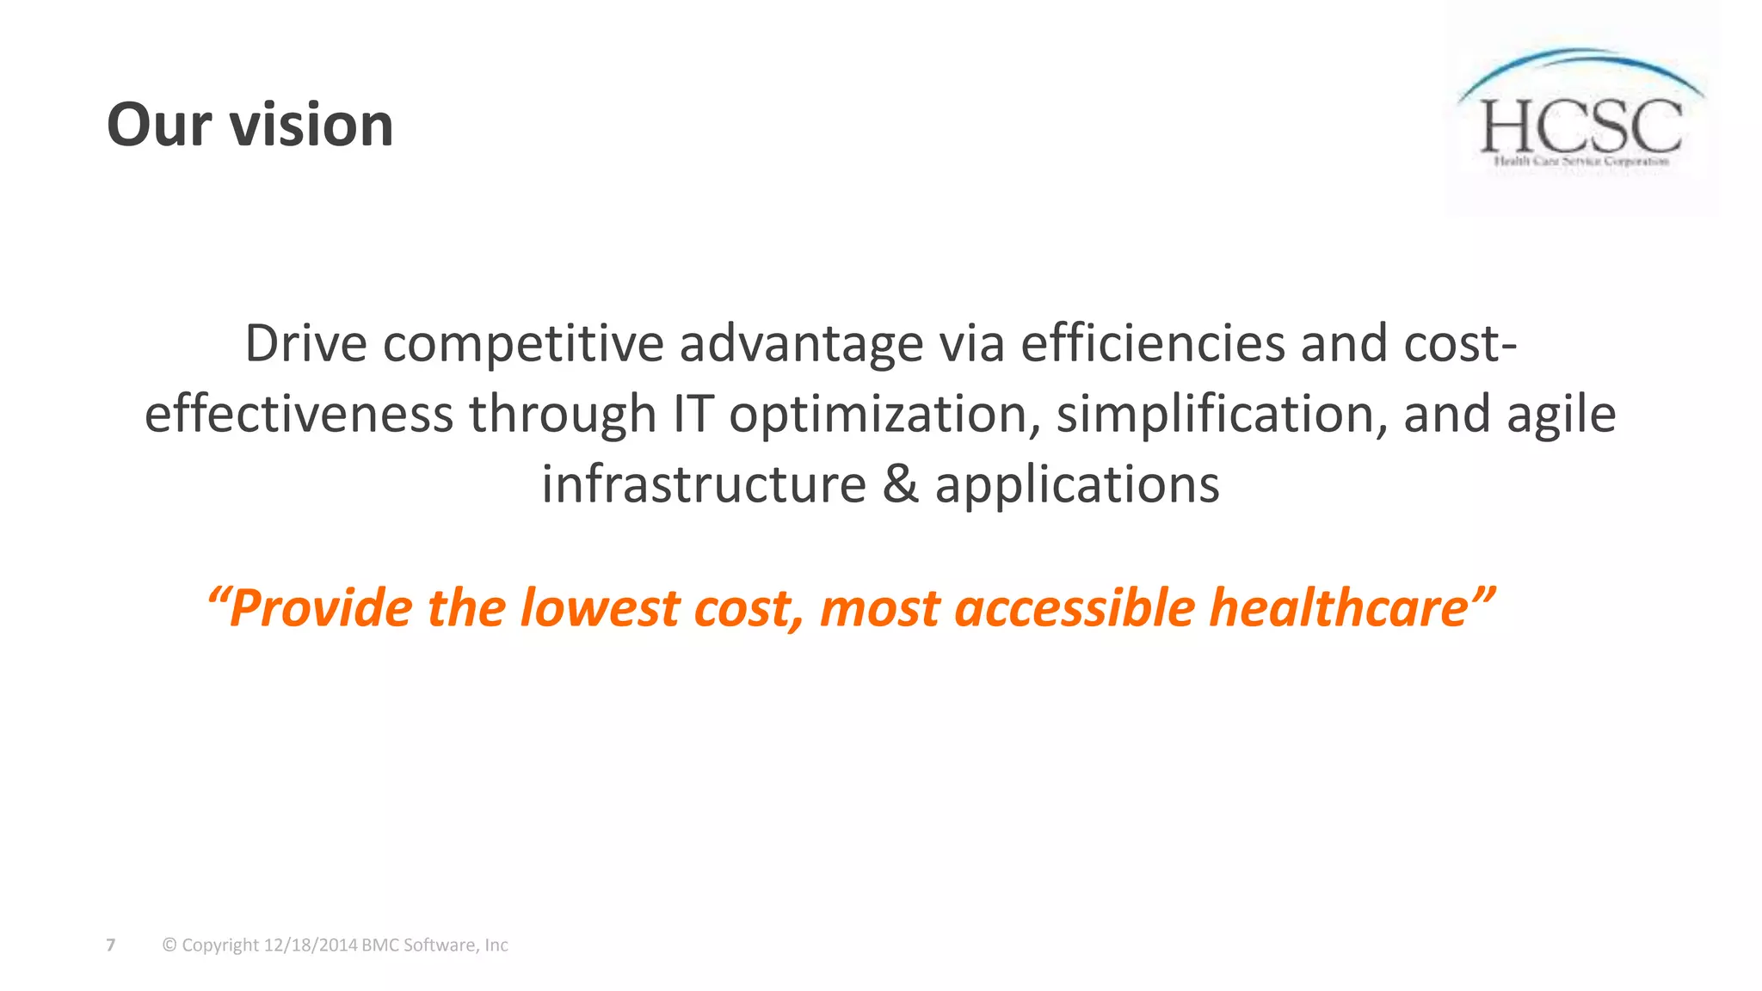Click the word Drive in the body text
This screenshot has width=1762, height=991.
(x=306, y=343)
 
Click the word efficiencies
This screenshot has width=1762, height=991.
(x=1153, y=343)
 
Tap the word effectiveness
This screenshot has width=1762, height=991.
(x=299, y=414)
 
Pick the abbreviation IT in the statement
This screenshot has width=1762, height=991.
(x=693, y=414)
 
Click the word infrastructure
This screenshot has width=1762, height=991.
(x=704, y=484)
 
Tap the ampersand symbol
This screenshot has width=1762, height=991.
(x=901, y=484)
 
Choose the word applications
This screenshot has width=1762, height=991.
(x=1077, y=486)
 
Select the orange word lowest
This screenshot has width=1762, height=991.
(x=600, y=609)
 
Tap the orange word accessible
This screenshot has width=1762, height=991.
(x=1075, y=609)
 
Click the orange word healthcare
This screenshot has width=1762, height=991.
(x=1339, y=609)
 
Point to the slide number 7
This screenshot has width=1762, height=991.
(x=110, y=945)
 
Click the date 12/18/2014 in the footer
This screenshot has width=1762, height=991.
(x=311, y=945)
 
